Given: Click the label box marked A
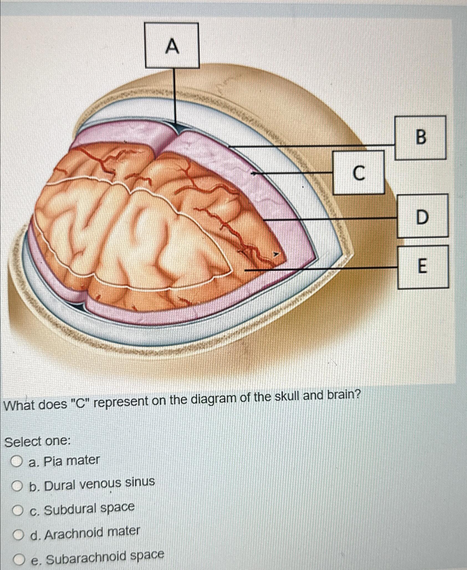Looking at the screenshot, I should (x=172, y=45).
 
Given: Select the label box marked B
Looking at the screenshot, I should (x=420, y=138).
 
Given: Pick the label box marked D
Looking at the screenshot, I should (x=422, y=216).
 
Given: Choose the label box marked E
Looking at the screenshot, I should (x=423, y=267).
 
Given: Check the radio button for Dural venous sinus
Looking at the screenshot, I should (x=18, y=486).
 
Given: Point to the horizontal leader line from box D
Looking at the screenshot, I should (x=330, y=219).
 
